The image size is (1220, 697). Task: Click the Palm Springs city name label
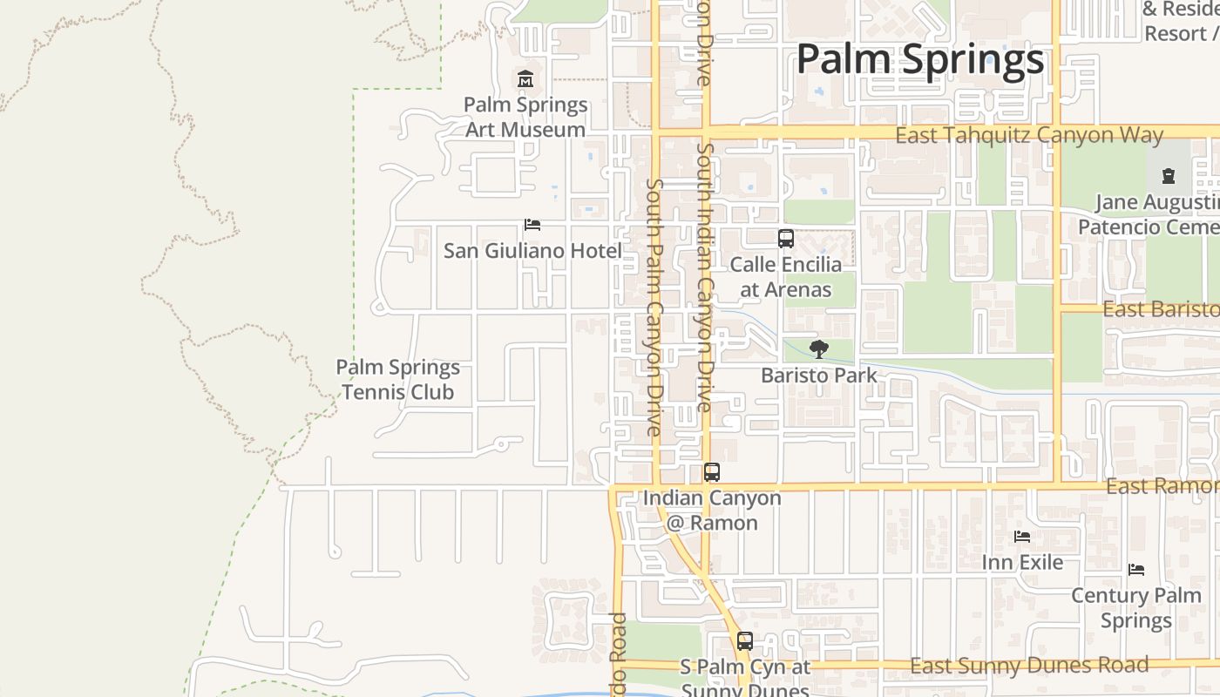(920, 60)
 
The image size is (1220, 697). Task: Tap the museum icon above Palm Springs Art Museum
(525, 80)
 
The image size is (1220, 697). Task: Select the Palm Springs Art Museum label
(525, 117)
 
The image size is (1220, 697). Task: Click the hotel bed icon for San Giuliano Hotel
(532, 225)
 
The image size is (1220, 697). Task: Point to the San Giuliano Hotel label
(532, 251)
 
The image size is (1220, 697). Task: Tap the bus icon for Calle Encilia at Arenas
(786, 239)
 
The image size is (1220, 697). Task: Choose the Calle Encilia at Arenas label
(786, 276)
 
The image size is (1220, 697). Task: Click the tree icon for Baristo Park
(818, 349)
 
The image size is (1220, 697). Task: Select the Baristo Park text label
(818, 376)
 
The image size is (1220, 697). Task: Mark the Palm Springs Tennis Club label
(398, 379)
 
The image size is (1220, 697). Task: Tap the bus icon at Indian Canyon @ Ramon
(712, 472)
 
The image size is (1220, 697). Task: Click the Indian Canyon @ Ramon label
(712, 511)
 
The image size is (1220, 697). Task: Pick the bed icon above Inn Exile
(1022, 537)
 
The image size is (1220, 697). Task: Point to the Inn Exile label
(1022, 562)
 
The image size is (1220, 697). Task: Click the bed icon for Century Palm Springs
(1136, 570)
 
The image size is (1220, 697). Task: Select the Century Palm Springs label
(1135, 607)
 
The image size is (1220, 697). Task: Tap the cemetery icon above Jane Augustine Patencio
(1169, 176)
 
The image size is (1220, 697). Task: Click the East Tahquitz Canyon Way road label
(1029, 135)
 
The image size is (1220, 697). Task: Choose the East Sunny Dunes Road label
(1029, 666)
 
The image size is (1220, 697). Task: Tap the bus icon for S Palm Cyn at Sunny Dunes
(744, 641)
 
